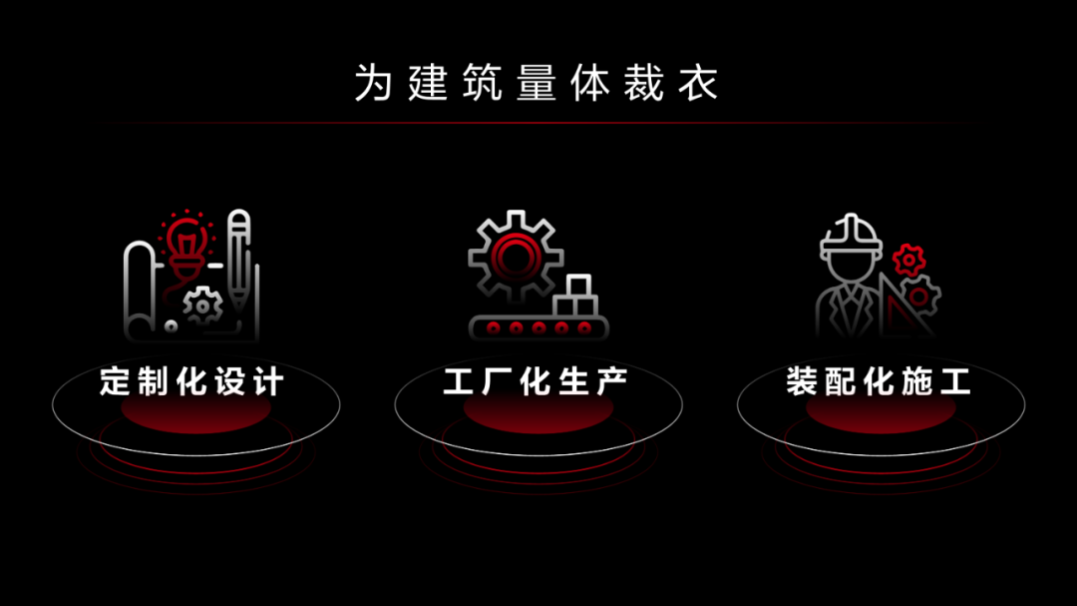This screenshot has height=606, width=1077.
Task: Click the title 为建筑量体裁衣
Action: click(x=537, y=83)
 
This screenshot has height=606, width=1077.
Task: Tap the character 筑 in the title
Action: click(x=483, y=83)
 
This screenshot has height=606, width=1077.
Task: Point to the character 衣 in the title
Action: click(x=698, y=83)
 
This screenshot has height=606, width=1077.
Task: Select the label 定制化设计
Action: click(x=191, y=381)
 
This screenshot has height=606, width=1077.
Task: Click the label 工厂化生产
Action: click(x=536, y=381)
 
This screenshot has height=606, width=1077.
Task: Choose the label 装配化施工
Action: click(x=879, y=381)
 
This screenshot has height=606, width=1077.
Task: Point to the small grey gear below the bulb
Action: click(x=202, y=305)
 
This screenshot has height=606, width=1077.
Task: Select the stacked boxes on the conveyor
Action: click(x=575, y=296)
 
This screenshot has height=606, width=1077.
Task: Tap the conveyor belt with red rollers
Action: click(x=538, y=328)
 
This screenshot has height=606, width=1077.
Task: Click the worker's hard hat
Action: click(x=851, y=238)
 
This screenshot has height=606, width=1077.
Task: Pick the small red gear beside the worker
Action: click(x=908, y=261)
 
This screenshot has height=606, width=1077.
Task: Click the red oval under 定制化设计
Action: click(x=195, y=410)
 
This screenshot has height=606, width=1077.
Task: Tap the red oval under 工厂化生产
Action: click(x=538, y=410)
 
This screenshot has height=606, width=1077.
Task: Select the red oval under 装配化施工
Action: click(x=881, y=410)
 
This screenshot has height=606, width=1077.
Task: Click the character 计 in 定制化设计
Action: click(x=268, y=381)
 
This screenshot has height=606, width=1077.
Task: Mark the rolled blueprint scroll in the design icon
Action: click(x=141, y=289)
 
